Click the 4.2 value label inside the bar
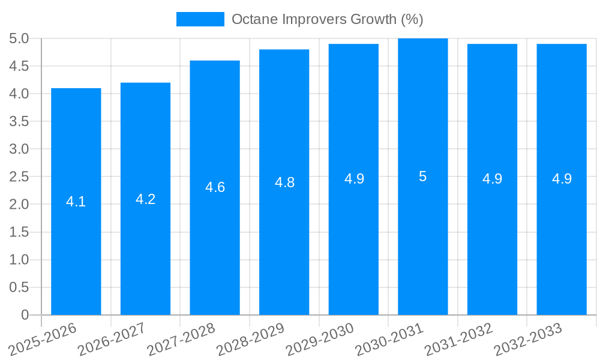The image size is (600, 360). (146, 199)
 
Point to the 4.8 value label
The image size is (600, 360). (284, 182)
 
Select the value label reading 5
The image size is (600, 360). (423, 176)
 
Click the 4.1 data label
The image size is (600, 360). (76, 202)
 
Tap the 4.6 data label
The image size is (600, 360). (215, 187)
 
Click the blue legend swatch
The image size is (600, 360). (200, 19)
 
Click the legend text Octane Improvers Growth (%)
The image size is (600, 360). (327, 19)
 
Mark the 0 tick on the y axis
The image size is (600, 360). (25, 315)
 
